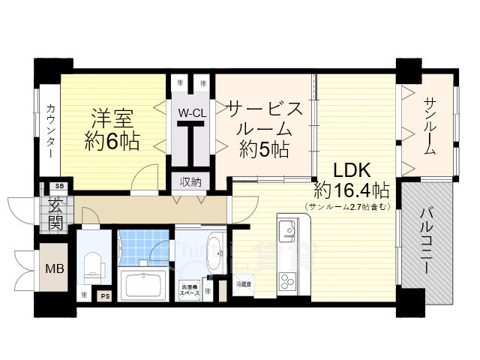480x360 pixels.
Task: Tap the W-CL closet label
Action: click(191, 113)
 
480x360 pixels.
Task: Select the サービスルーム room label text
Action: click(265, 128)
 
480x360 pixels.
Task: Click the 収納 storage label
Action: click(190, 181)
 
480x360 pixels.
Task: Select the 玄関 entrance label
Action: click(55, 211)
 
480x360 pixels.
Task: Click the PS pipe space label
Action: click(104, 295)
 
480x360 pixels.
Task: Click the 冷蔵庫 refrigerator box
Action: click(244, 284)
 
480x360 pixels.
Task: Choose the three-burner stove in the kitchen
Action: click(288, 282)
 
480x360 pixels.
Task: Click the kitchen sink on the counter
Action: click(288, 228)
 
